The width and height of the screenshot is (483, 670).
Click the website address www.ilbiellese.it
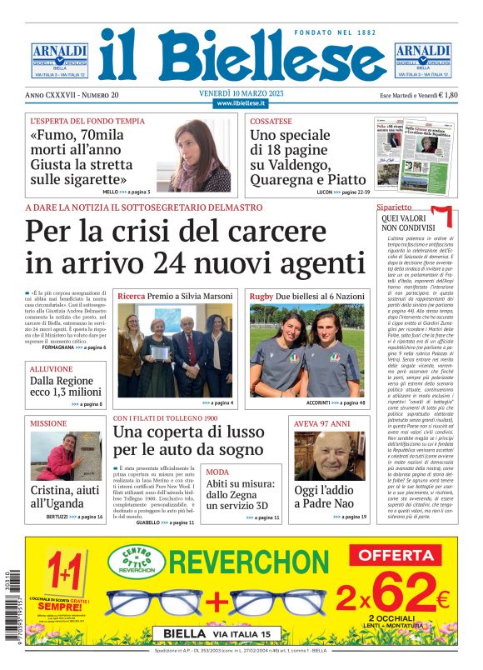tap(241, 103)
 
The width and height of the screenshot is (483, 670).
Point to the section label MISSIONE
tap(48, 423)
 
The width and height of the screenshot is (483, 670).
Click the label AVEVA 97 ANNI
tap(322, 423)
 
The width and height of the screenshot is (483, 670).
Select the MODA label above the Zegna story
tap(217, 472)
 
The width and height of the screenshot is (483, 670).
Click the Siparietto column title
tap(394, 206)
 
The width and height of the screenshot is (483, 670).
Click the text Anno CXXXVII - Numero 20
tap(72, 96)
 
